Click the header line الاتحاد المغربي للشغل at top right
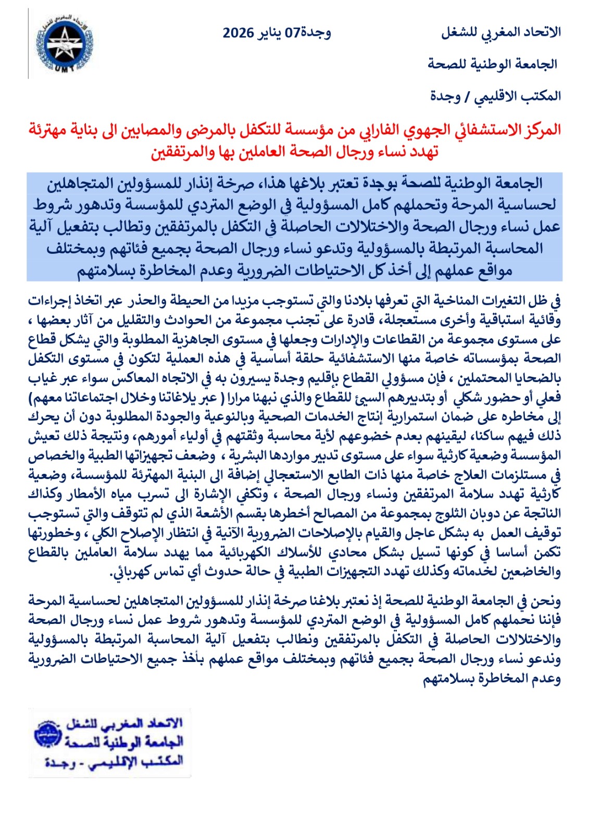point(501,32)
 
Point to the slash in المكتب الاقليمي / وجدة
point(467,96)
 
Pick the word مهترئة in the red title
point(50,130)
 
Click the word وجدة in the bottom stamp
point(60,762)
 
